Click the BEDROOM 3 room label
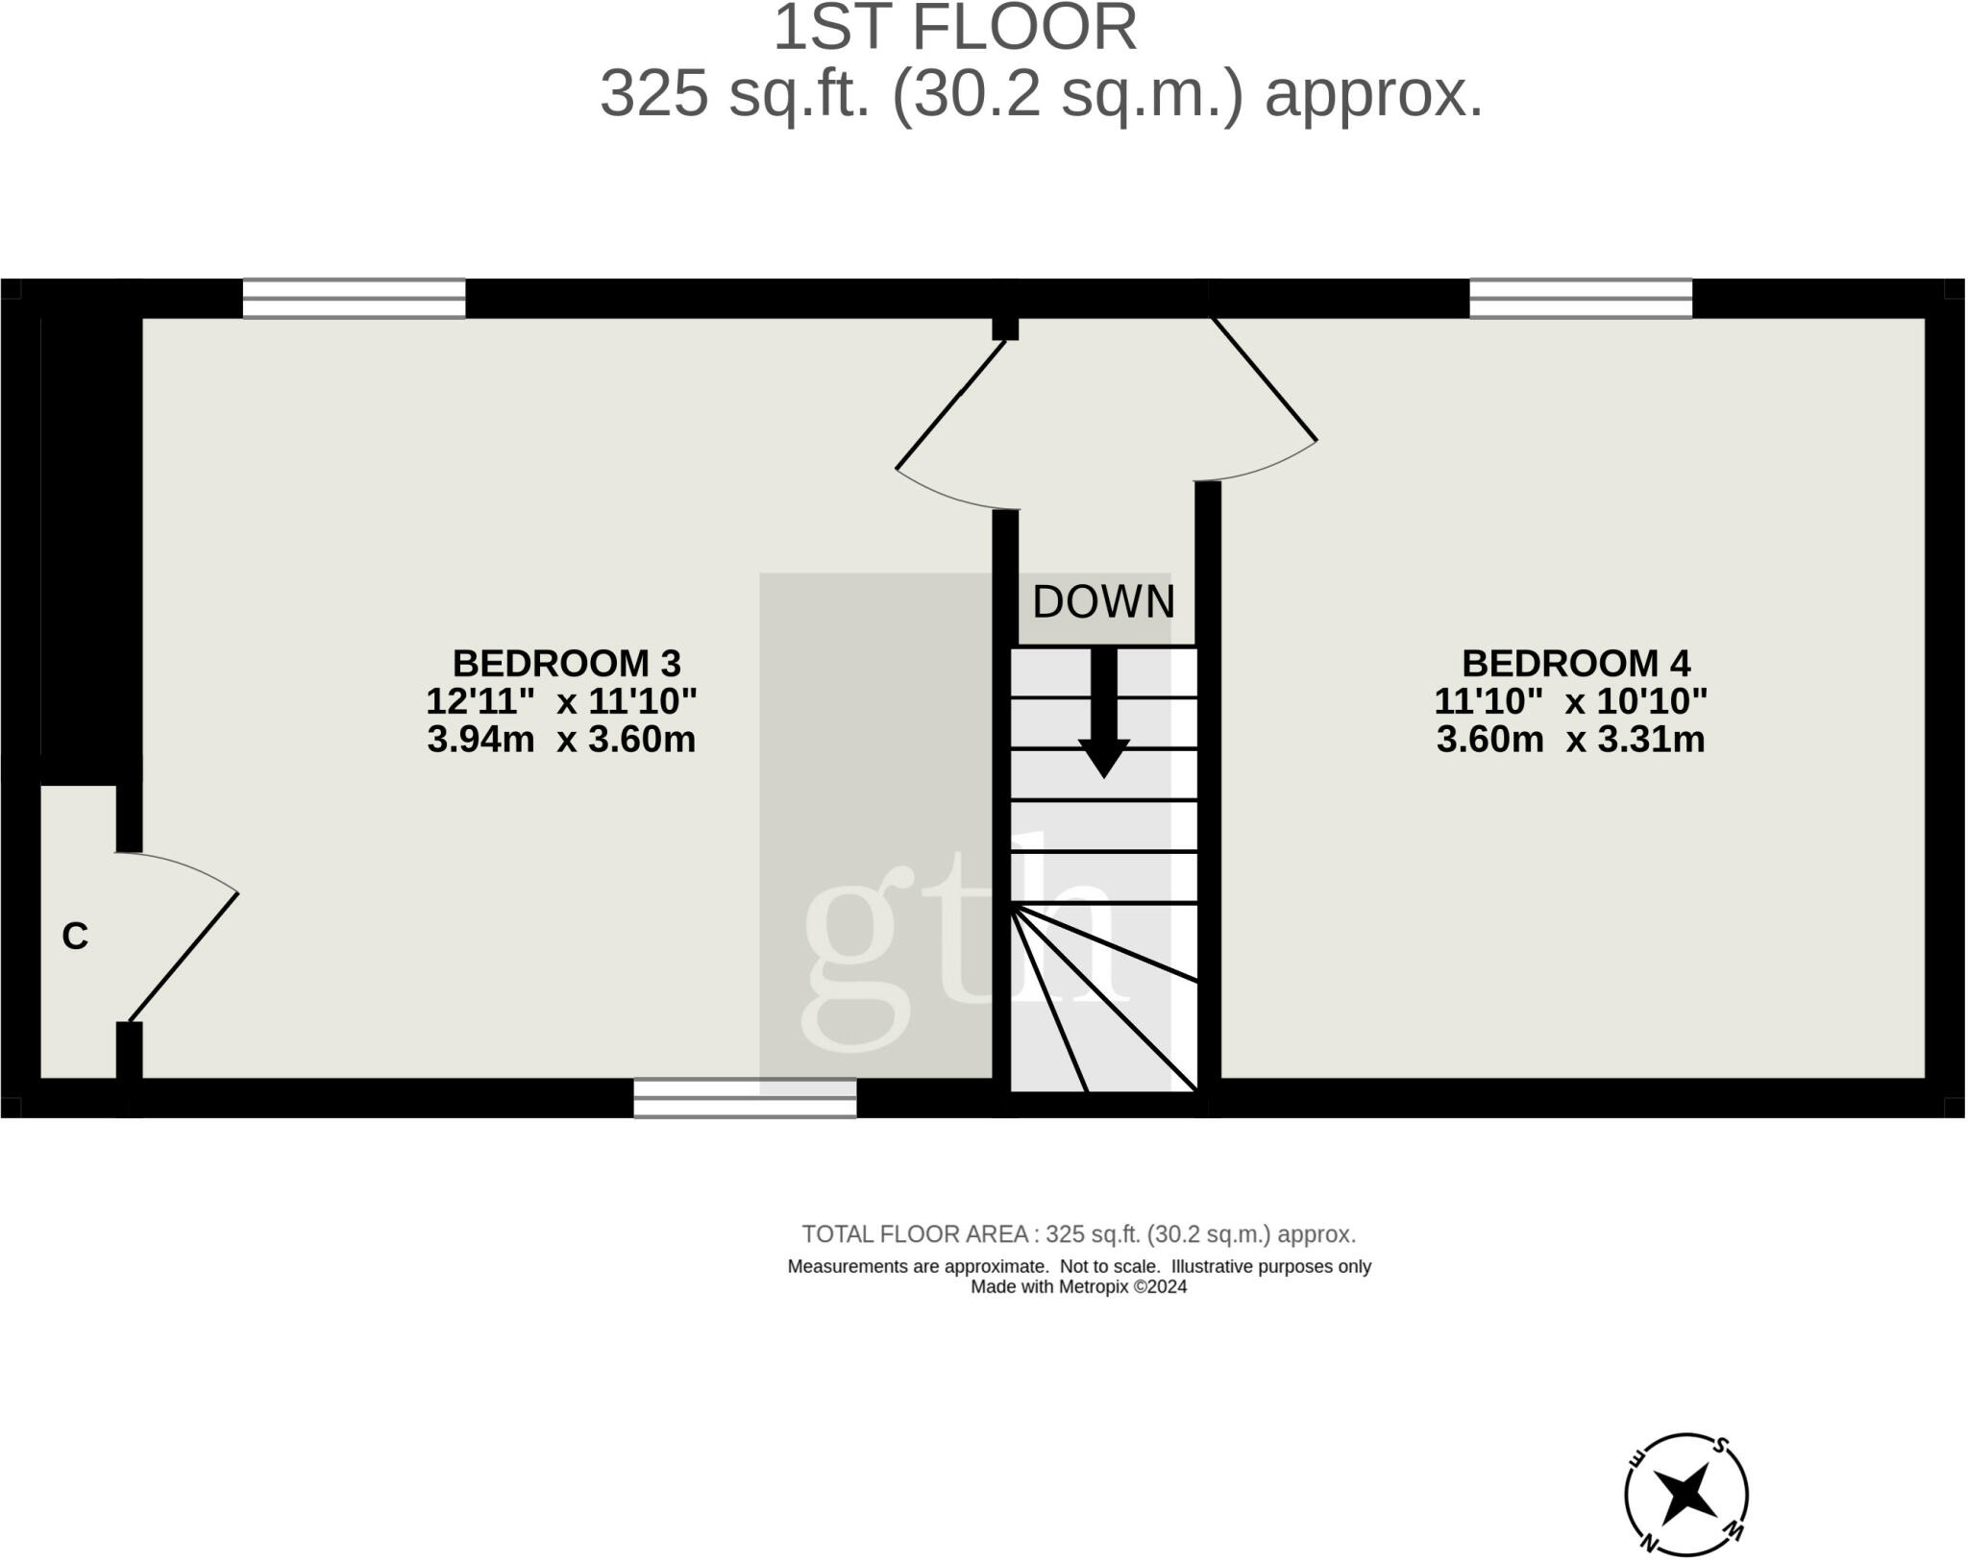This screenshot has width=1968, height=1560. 566,664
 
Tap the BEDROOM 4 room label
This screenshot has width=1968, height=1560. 1575,664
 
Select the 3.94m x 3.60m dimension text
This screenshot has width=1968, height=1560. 561,740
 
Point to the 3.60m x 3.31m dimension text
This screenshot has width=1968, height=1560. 1570,740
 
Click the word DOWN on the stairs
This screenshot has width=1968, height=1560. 1103,602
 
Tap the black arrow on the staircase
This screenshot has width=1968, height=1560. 1103,711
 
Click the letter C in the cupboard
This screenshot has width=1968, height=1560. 75,936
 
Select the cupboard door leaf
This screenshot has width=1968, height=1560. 184,957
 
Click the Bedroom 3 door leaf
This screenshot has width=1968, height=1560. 950,404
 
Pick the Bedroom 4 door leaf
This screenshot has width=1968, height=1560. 1265,378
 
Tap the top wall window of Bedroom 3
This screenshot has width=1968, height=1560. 354,298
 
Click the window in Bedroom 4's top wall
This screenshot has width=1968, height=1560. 1581,298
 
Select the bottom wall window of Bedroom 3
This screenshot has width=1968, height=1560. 745,1098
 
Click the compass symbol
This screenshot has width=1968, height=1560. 1685,1495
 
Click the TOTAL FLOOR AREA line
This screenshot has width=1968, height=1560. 1078,1234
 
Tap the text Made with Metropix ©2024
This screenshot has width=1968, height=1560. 1078,1287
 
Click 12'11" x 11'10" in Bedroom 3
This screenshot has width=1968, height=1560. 561,701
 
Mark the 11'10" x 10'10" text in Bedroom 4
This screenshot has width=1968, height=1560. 1570,701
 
